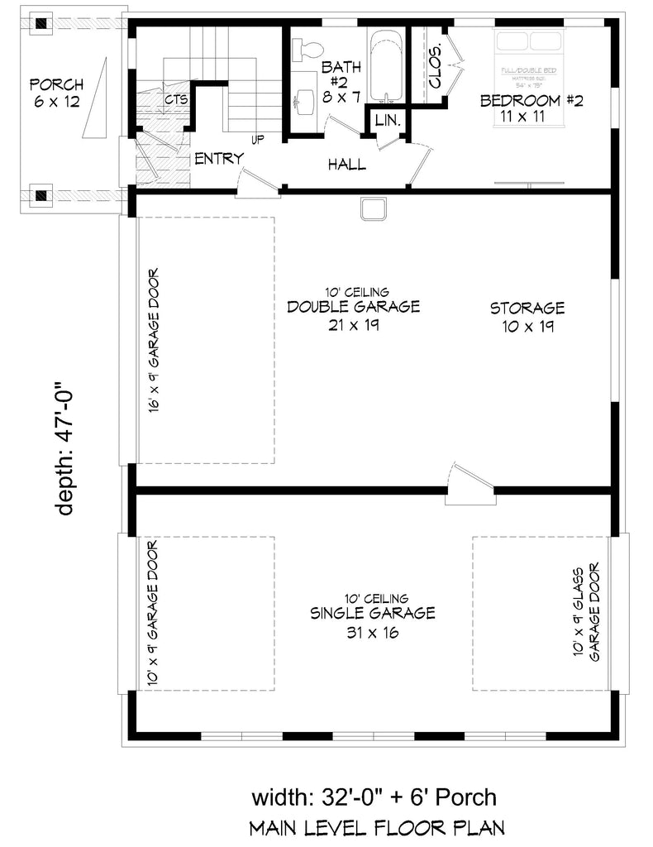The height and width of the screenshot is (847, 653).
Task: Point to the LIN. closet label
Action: [387, 121]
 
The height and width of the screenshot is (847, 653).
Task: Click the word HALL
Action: [346, 165]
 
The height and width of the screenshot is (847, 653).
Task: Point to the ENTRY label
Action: [218, 159]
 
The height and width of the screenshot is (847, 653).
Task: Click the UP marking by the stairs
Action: [258, 140]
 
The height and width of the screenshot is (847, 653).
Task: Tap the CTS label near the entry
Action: [174, 100]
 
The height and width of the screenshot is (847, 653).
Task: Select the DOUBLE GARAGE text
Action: [353, 307]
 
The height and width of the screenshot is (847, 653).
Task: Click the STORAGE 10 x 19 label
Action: [527, 317]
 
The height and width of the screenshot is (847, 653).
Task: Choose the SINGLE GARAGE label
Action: [372, 613]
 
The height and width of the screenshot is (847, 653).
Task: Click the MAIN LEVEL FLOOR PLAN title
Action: [377, 828]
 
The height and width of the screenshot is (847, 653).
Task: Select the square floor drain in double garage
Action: [373, 209]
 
